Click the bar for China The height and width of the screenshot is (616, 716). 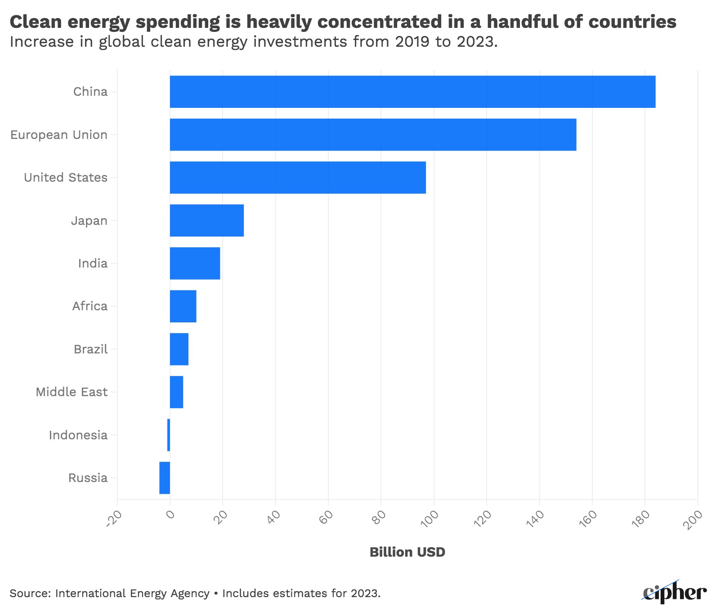click(412, 92)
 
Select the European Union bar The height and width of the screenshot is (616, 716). click(373, 134)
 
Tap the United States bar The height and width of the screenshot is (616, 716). click(298, 178)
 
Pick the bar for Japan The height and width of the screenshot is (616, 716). click(207, 220)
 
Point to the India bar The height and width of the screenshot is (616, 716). click(195, 263)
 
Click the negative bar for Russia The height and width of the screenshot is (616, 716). click(165, 478)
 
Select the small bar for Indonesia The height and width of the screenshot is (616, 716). click(169, 435)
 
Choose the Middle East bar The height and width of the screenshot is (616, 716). click(176, 392)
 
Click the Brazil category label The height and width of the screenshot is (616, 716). click(91, 349)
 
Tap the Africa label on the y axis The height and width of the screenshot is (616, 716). click(90, 306)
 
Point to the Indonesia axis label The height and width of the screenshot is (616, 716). click(78, 435)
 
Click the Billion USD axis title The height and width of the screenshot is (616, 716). click(407, 552)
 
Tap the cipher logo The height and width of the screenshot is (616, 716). click(674, 593)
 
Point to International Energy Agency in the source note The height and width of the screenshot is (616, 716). click(132, 594)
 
